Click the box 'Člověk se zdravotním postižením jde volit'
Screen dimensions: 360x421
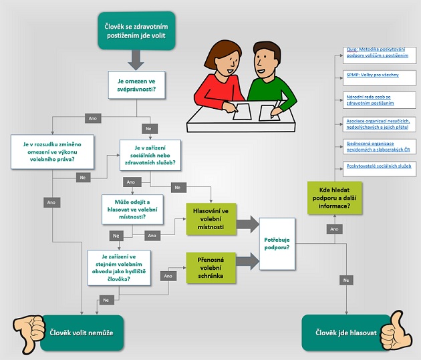click(x=137, y=31)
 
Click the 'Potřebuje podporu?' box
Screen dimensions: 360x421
click(x=277, y=243)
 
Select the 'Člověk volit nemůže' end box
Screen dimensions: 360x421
click(x=82, y=333)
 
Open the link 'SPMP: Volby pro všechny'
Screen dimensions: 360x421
click(x=372, y=75)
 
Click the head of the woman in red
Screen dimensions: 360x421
click(x=220, y=57)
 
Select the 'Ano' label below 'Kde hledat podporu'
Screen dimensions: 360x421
click(x=332, y=228)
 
